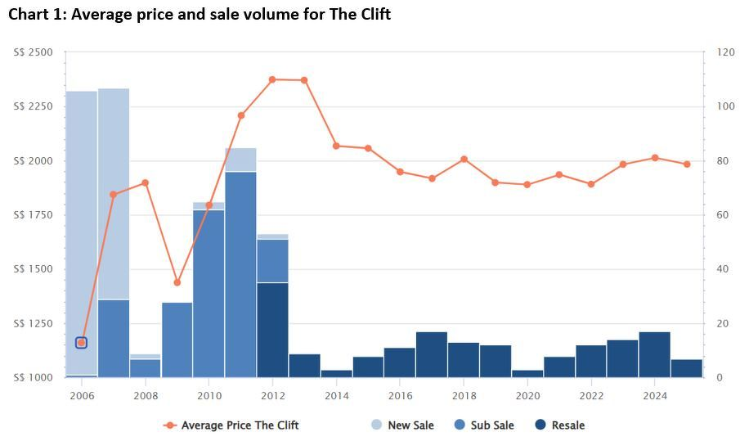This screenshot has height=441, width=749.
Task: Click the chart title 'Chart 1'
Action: pyautogui.click(x=200, y=14)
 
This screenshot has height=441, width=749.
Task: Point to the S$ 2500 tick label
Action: pyautogui.click(x=34, y=52)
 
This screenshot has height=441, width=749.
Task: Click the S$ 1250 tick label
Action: pyautogui.click(x=34, y=323)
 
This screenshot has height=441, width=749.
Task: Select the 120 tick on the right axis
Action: pyautogui.click(x=725, y=52)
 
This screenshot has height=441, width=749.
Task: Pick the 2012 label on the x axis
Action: pyautogui.click(x=272, y=395)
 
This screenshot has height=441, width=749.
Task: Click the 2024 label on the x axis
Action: pyautogui.click(x=655, y=395)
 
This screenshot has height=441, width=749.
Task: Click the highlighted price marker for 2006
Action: pyautogui.click(x=81, y=342)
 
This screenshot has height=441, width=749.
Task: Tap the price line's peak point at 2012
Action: pyautogui.click(x=272, y=79)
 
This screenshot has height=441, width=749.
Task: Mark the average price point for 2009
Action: pyautogui.click(x=177, y=282)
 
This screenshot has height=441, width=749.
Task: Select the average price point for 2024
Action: pyautogui.click(x=655, y=158)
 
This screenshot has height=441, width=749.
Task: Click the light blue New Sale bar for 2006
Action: pyautogui.click(x=81, y=229)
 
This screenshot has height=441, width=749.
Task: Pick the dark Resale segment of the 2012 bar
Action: pyautogui.click(x=272, y=330)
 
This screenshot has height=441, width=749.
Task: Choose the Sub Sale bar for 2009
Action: pyautogui.click(x=177, y=340)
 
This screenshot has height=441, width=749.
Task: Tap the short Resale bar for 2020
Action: pyautogui.click(x=527, y=373)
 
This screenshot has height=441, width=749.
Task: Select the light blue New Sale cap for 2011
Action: pyautogui.click(x=240, y=160)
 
